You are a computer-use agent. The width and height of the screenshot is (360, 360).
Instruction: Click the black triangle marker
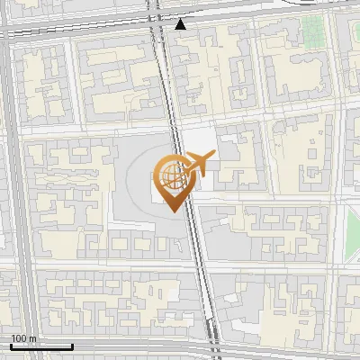point(181,24)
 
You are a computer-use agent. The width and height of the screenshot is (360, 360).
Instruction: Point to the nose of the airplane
point(213,157)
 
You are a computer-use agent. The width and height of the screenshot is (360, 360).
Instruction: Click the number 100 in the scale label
point(19,338)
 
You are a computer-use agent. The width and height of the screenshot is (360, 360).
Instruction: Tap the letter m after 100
point(31,338)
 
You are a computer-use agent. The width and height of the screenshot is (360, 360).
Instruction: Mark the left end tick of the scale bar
point(10,345)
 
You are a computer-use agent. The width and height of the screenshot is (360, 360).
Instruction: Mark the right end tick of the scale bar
point(72,345)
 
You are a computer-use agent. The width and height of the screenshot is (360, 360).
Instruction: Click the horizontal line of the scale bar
point(40,346)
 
